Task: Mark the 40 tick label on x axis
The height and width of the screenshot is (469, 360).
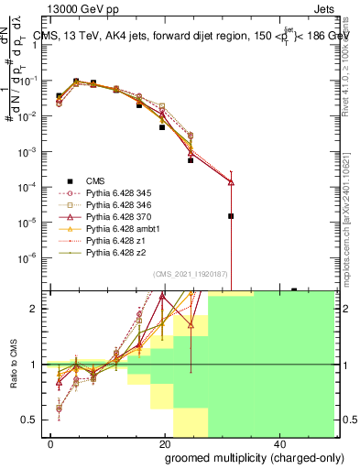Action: point(278,442)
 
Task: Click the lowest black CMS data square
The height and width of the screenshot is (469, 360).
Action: point(231,216)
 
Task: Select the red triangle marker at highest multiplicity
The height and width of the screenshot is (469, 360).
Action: point(231,182)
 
